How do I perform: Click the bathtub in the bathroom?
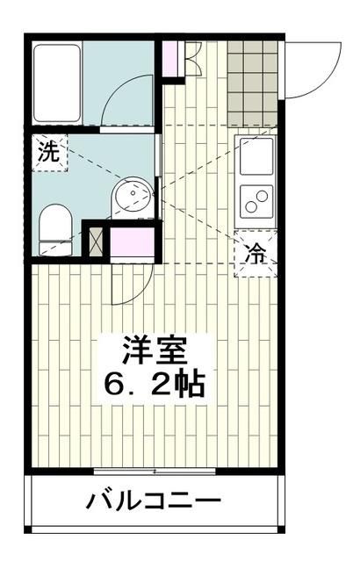click(x=58, y=83)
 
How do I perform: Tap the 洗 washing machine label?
click(x=49, y=150)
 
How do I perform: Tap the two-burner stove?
click(x=257, y=204)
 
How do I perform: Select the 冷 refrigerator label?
click(x=256, y=256)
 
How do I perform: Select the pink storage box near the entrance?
click(x=171, y=58)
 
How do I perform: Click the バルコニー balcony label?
click(x=153, y=502)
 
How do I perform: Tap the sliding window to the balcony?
click(x=155, y=472)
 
